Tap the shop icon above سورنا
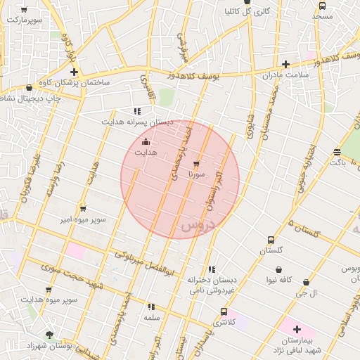click(195, 164)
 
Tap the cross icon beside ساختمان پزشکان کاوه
click(74, 72)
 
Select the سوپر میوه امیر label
click(82, 219)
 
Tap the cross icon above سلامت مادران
click(285, 64)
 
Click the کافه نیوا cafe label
click(279, 280)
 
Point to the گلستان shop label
click(271, 250)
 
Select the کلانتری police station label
click(224, 321)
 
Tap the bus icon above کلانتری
click(224, 311)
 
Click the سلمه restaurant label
click(151, 317)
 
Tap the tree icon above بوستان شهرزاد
click(49, 335)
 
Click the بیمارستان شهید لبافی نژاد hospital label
click(297, 345)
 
